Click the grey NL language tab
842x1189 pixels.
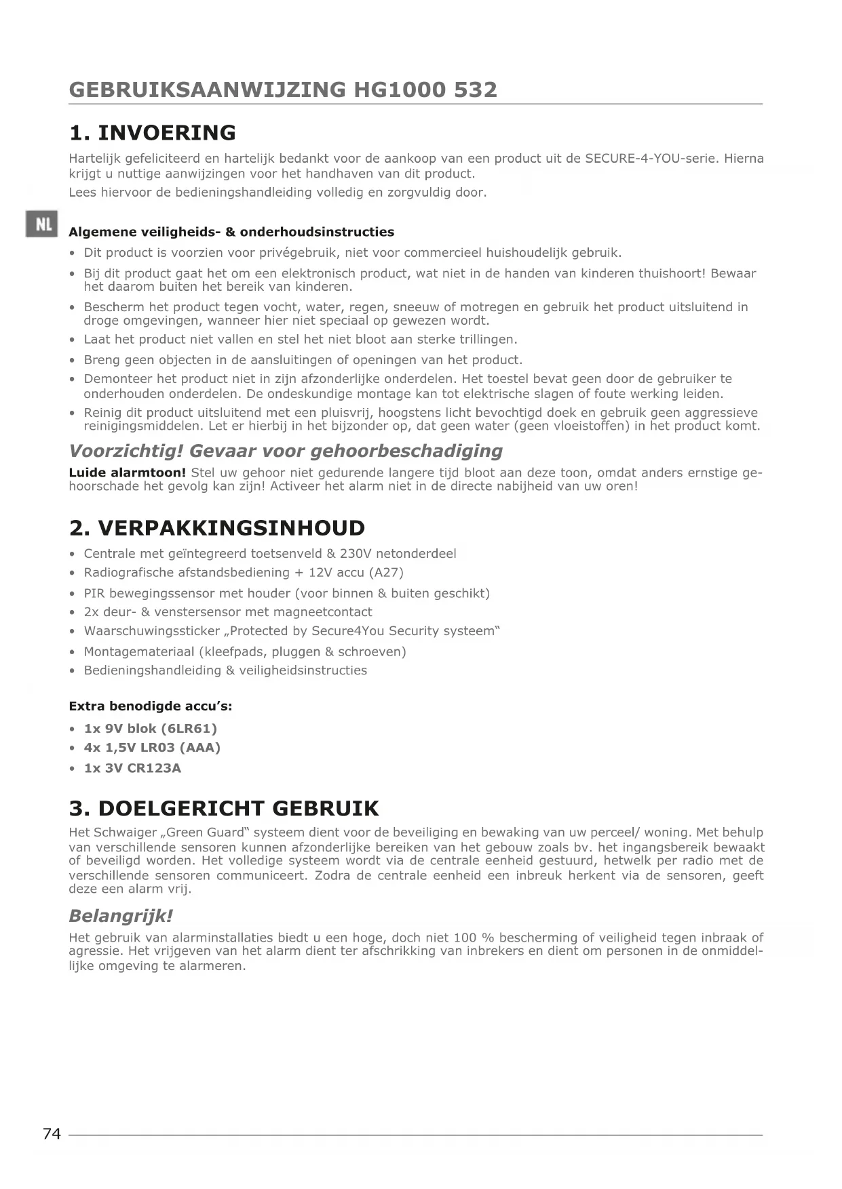tap(42, 224)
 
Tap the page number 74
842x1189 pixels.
tap(52, 1133)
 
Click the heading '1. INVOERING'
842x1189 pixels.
tap(153, 132)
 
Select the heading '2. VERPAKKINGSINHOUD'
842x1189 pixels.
tap(217, 528)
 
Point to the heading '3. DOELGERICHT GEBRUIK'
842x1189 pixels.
tap(224, 808)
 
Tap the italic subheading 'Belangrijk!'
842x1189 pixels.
tap(121, 916)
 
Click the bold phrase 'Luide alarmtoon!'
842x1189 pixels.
tap(127, 472)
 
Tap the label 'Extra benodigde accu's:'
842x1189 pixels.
tap(151, 706)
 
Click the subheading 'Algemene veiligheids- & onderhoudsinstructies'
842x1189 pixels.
tap(231, 232)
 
